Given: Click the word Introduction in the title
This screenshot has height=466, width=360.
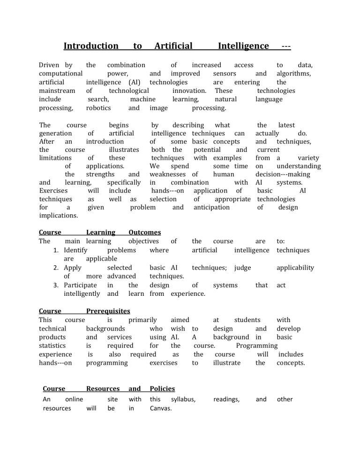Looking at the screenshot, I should pyautogui.click(x=91, y=46).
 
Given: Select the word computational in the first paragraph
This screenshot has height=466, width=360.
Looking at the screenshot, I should pyautogui.click(x=60, y=74).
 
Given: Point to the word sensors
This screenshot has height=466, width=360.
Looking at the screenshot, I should pyautogui.click(x=225, y=74).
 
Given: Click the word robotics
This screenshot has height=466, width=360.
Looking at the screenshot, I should pyautogui.click(x=98, y=108).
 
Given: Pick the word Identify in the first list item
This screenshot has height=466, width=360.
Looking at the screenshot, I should pyautogui.click(x=76, y=250).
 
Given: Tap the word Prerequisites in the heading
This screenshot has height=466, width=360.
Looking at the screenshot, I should pyautogui.click(x=108, y=311).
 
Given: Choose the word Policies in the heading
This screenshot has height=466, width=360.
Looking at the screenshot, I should pyautogui.click(x=162, y=389).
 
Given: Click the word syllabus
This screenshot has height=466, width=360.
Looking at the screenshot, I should pyautogui.click(x=182, y=399).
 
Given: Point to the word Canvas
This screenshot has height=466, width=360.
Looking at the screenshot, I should pyautogui.click(x=160, y=408).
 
